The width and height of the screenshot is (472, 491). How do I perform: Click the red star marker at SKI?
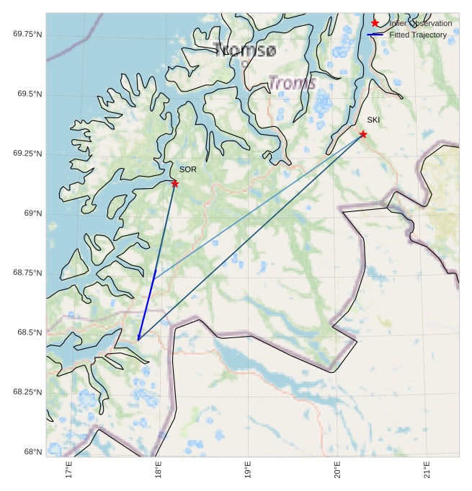(x=363, y=134)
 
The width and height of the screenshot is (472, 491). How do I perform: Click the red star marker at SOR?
(x=175, y=184)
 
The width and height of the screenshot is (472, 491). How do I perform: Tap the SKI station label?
(x=373, y=120)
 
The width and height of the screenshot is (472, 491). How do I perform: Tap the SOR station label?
(x=188, y=169)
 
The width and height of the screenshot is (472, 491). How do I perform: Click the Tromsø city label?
(x=244, y=50)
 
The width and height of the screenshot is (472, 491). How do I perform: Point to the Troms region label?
(x=292, y=83)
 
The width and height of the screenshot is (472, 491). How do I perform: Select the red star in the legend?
(x=375, y=24)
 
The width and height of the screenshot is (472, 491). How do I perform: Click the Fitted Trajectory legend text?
(x=418, y=35)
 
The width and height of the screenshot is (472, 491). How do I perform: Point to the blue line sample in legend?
(x=375, y=35)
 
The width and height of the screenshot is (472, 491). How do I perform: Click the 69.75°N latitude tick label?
(x=27, y=35)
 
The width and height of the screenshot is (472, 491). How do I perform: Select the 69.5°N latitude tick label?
(x=29, y=94)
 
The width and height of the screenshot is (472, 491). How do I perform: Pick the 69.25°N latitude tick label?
(x=27, y=154)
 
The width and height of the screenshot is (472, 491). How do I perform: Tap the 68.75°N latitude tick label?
(x=27, y=273)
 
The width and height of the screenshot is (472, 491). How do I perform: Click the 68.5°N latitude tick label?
(x=29, y=332)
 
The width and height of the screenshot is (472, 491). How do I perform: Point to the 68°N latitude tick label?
(x=32, y=451)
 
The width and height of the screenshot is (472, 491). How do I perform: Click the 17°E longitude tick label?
(x=69, y=471)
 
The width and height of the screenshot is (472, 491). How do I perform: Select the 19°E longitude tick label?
(x=248, y=471)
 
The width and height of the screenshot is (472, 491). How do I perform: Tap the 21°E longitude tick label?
(x=427, y=471)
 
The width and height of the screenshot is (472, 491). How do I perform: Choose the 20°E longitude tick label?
(x=337, y=471)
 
